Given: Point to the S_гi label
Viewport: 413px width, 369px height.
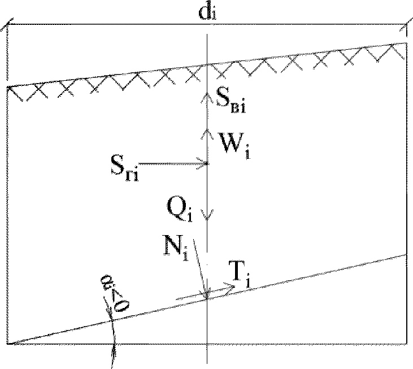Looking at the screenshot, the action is [126, 167].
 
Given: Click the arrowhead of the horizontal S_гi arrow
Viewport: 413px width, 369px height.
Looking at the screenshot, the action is [206, 164].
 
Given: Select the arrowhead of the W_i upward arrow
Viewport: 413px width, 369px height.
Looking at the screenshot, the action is [207, 131].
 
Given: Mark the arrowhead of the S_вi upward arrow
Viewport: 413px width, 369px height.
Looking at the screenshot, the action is [207, 96].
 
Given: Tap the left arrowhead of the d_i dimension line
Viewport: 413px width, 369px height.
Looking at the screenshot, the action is [7, 24].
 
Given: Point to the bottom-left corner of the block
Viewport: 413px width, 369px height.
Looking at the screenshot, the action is [7, 343].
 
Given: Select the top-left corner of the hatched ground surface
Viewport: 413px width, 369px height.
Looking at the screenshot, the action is [7, 88].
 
